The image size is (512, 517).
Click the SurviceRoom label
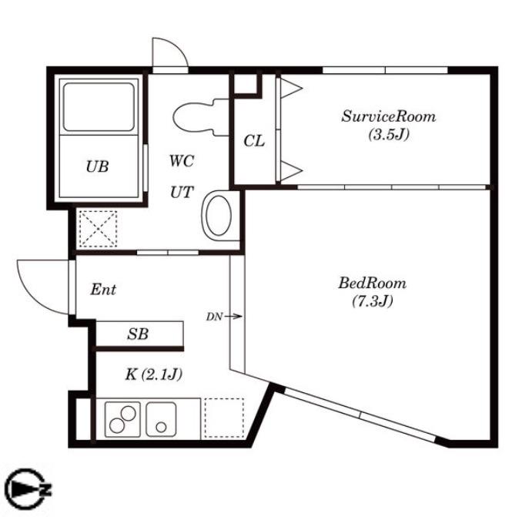[389, 116]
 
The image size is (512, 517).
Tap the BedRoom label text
[373, 283]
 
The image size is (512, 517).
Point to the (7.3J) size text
[373, 300]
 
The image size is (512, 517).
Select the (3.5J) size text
[389, 134]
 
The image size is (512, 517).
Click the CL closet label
[254, 141]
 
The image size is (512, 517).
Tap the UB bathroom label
[97, 166]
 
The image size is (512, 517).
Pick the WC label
[182, 160]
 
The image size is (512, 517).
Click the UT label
[182, 192]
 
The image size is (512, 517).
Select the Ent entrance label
[103, 290]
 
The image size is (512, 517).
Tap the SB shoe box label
[138, 334]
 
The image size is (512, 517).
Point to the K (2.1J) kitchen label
[153, 374]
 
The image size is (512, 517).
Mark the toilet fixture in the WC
[200, 117]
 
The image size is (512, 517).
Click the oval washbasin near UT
[218, 216]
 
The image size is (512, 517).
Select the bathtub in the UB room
[99, 107]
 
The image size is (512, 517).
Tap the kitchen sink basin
[161, 418]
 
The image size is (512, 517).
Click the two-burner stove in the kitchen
[122, 419]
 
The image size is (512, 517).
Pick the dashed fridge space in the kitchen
[224, 418]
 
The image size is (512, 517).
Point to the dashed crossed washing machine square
[99, 229]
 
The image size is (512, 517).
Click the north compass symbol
[28, 488]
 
